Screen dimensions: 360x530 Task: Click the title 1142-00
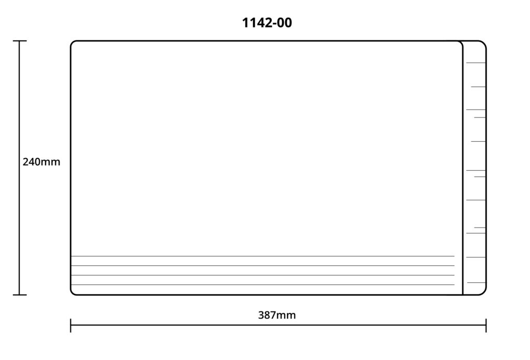click(x=267, y=23)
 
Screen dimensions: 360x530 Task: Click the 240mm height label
click(x=41, y=162)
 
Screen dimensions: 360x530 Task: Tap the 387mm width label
click(x=277, y=315)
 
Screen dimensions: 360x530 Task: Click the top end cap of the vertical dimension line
click(x=20, y=41)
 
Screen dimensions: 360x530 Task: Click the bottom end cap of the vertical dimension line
click(x=20, y=295)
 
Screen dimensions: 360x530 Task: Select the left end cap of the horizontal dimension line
click(x=70, y=325)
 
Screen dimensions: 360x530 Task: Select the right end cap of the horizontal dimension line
click(x=486, y=325)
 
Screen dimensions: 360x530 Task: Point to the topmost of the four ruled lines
click(x=262, y=256)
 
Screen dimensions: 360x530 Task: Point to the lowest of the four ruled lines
click(x=262, y=284)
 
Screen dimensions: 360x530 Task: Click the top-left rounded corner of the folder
click(x=72, y=43)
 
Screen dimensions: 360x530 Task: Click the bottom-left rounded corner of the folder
click(x=72, y=293)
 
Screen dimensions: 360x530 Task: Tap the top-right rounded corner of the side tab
click(x=484, y=43)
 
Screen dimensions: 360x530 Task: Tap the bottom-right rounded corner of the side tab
click(x=484, y=293)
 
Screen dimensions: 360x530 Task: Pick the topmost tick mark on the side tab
click(x=476, y=63)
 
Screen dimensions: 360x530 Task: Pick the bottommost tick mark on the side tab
click(x=476, y=282)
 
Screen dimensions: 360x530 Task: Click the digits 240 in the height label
click(x=32, y=162)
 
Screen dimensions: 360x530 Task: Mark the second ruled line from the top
click(x=262, y=266)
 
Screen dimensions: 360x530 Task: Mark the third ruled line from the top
click(x=262, y=275)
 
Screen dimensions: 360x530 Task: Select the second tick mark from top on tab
click(x=478, y=87)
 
